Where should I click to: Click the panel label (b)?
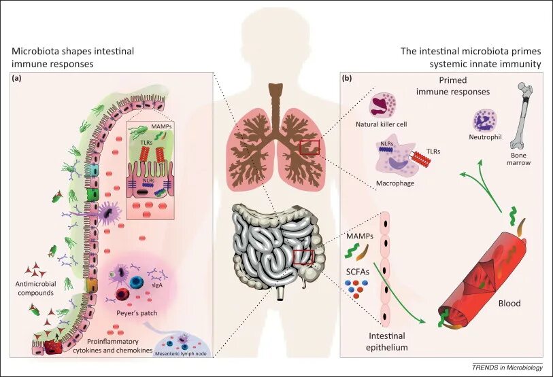click(x=347, y=78)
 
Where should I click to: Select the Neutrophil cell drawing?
click(x=484, y=122)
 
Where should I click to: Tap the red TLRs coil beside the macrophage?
click(x=420, y=161)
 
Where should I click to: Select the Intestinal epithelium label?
click(x=388, y=342)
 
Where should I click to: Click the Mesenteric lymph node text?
click(x=180, y=354)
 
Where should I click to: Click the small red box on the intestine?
click(x=303, y=257)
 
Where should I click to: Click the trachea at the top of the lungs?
click(x=276, y=101)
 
